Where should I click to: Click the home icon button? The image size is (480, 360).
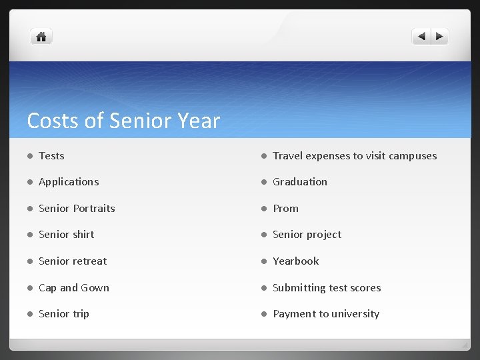[x=41, y=37]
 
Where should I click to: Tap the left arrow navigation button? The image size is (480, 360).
[x=421, y=37]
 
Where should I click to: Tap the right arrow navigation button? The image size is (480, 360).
[x=439, y=37]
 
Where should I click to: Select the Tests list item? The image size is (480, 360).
[x=51, y=156]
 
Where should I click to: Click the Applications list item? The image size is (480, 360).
[x=69, y=182]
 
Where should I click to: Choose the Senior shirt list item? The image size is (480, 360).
[x=66, y=235]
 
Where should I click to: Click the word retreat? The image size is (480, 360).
[x=90, y=261]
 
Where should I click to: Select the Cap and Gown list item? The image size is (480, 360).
[x=73, y=288]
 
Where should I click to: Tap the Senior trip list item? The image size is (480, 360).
[x=63, y=314]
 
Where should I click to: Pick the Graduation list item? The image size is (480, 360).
[x=300, y=182]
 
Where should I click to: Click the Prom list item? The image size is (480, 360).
[x=285, y=209]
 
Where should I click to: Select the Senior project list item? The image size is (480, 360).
[x=307, y=235]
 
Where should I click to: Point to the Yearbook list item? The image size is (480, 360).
[x=295, y=261]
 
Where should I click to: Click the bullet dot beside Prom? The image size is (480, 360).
[x=264, y=209]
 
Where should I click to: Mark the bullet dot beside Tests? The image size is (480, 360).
[x=30, y=156]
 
